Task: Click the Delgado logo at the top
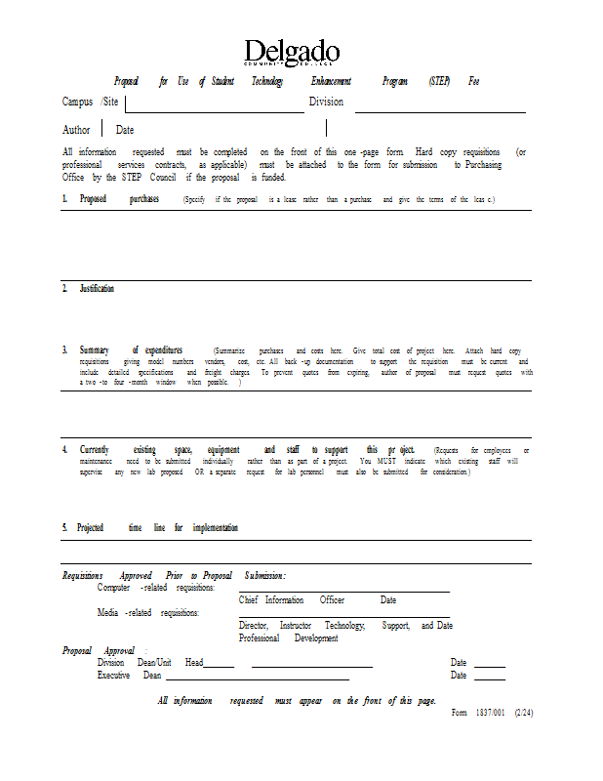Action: click(293, 53)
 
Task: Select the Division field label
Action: click(326, 102)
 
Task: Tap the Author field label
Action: click(76, 130)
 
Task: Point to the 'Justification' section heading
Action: click(97, 289)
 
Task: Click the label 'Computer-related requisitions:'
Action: click(156, 588)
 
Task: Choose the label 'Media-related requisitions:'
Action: click(148, 613)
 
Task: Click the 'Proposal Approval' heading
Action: click(99, 651)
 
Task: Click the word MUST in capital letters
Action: click(382, 461)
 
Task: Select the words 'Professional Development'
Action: click(289, 637)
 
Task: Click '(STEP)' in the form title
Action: click(439, 81)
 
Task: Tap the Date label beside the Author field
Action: click(125, 130)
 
